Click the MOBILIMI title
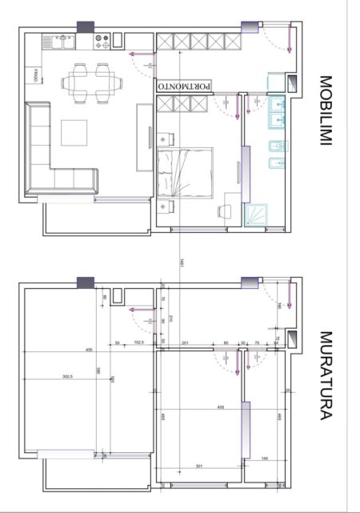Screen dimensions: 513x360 point(327,111)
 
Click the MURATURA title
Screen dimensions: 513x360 point(327,375)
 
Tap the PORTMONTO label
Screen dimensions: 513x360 point(185,85)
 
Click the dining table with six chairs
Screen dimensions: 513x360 point(90,82)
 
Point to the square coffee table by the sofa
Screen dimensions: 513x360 point(78,133)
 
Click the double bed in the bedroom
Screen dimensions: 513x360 point(186,171)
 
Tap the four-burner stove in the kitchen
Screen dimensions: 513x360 point(102,38)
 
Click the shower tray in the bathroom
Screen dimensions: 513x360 point(259,214)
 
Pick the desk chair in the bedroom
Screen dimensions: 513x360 point(225,210)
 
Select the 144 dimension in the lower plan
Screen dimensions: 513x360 point(266,459)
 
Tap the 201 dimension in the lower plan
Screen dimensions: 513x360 point(185,343)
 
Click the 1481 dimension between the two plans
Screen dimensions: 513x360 point(183,262)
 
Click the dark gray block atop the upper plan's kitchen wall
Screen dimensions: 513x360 point(85,25)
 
